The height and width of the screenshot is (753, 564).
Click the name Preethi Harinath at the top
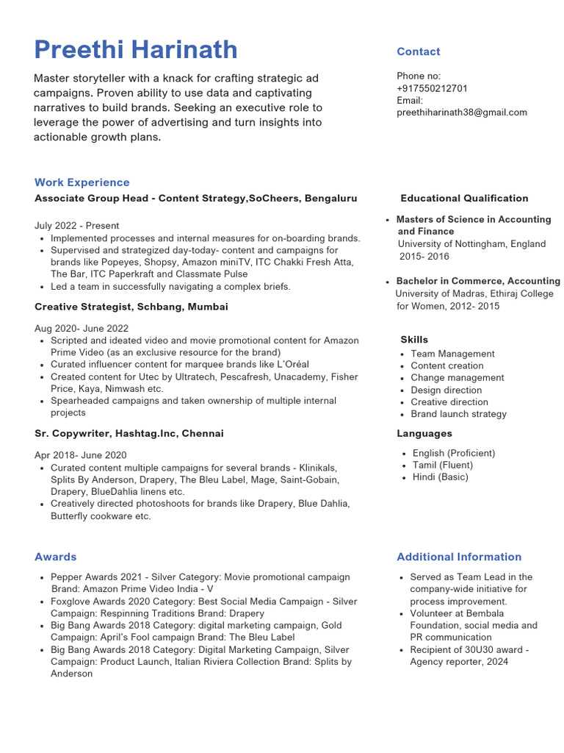136,50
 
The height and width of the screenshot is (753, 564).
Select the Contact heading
418,51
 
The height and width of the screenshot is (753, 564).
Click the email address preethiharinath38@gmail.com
462,113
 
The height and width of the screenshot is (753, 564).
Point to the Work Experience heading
82,182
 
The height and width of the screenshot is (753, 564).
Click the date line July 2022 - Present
76,226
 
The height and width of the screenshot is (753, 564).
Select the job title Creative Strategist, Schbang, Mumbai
131,307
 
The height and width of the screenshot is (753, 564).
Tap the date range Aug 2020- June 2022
82,329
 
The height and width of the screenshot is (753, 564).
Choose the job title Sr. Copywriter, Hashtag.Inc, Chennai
129,434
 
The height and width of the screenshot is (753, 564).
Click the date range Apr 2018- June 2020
81,455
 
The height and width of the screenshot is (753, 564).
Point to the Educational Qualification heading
464,199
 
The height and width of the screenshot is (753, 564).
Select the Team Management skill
452,354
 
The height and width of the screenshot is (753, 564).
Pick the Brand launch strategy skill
458,414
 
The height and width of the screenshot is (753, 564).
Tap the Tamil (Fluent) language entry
442,465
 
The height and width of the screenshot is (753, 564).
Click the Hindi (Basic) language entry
440,477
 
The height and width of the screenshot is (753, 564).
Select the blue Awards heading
56,557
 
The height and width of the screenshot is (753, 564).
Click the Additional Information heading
459,557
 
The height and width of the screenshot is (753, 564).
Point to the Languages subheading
424,434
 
